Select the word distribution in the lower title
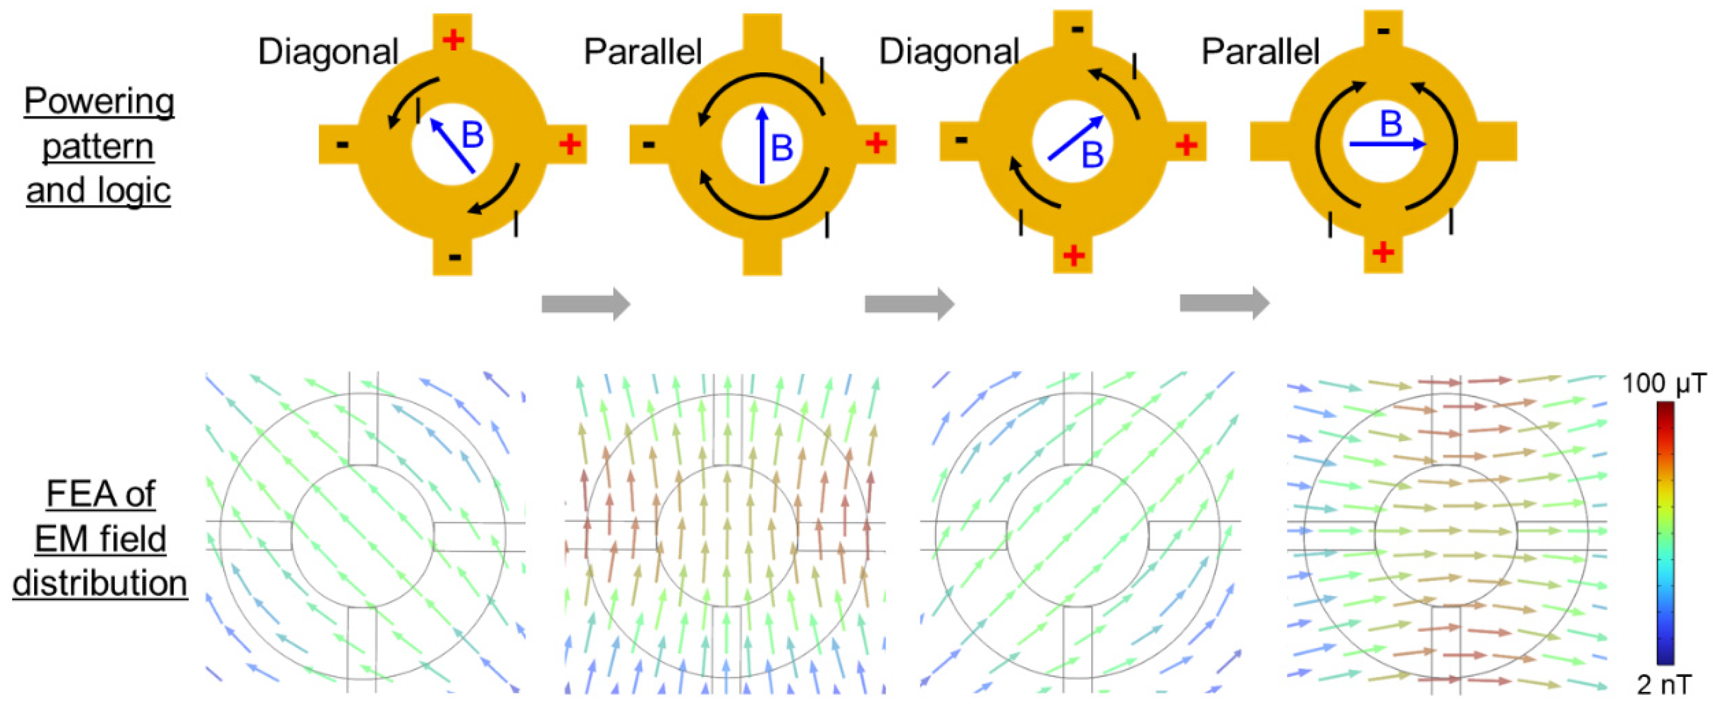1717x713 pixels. (x=100, y=584)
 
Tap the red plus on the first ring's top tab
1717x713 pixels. (x=453, y=40)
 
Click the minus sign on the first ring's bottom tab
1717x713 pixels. (x=455, y=256)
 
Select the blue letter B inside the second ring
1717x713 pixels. (x=782, y=148)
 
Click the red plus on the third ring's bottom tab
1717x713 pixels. (x=1073, y=255)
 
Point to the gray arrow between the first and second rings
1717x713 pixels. (x=585, y=304)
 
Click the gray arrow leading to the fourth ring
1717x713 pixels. (x=1225, y=303)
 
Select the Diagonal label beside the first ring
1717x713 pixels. (x=328, y=51)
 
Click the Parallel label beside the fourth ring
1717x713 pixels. (x=1260, y=51)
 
